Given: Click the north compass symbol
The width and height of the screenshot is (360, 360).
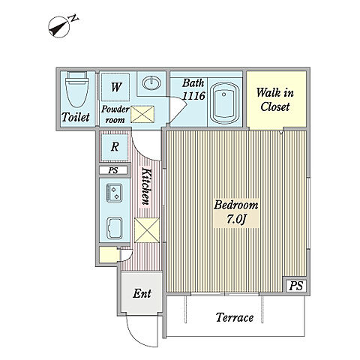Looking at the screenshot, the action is (x=61, y=26).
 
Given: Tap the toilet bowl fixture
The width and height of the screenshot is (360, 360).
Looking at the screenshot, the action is (x=76, y=89).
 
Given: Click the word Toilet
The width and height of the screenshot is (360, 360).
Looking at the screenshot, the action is (x=76, y=117).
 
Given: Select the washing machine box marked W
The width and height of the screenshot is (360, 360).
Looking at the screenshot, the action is (x=115, y=87).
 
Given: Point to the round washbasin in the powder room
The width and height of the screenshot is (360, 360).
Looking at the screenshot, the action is (x=151, y=82).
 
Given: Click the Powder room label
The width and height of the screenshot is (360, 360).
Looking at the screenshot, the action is (x=115, y=114).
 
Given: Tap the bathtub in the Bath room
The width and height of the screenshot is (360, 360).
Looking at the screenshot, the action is (x=224, y=103).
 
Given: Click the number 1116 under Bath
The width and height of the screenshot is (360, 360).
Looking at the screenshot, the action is (x=193, y=95).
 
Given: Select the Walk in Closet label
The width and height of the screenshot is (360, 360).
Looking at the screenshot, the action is (x=275, y=100).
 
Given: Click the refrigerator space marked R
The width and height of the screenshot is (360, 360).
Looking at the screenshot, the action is (x=115, y=147).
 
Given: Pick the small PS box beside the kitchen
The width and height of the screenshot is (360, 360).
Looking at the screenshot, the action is (x=113, y=170).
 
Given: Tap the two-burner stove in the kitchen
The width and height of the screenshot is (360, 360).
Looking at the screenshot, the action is (x=114, y=193).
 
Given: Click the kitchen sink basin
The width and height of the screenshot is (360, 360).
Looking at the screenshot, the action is (x=115, y=228).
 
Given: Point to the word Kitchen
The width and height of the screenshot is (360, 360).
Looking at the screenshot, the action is (x=147, y=186).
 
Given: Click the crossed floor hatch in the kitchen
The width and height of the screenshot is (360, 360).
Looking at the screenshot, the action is (x=147, y=230).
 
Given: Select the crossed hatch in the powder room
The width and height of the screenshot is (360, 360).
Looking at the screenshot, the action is (x=142, y=114).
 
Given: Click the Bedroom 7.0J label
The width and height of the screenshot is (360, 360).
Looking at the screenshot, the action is (x=236, y=212).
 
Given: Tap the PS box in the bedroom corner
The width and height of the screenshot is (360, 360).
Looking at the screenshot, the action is (x=296, y=286).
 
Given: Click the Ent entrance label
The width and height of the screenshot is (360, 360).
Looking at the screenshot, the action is (x=142, y=293).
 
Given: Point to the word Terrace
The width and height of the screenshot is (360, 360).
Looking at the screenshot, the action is (x=235, y=317).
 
